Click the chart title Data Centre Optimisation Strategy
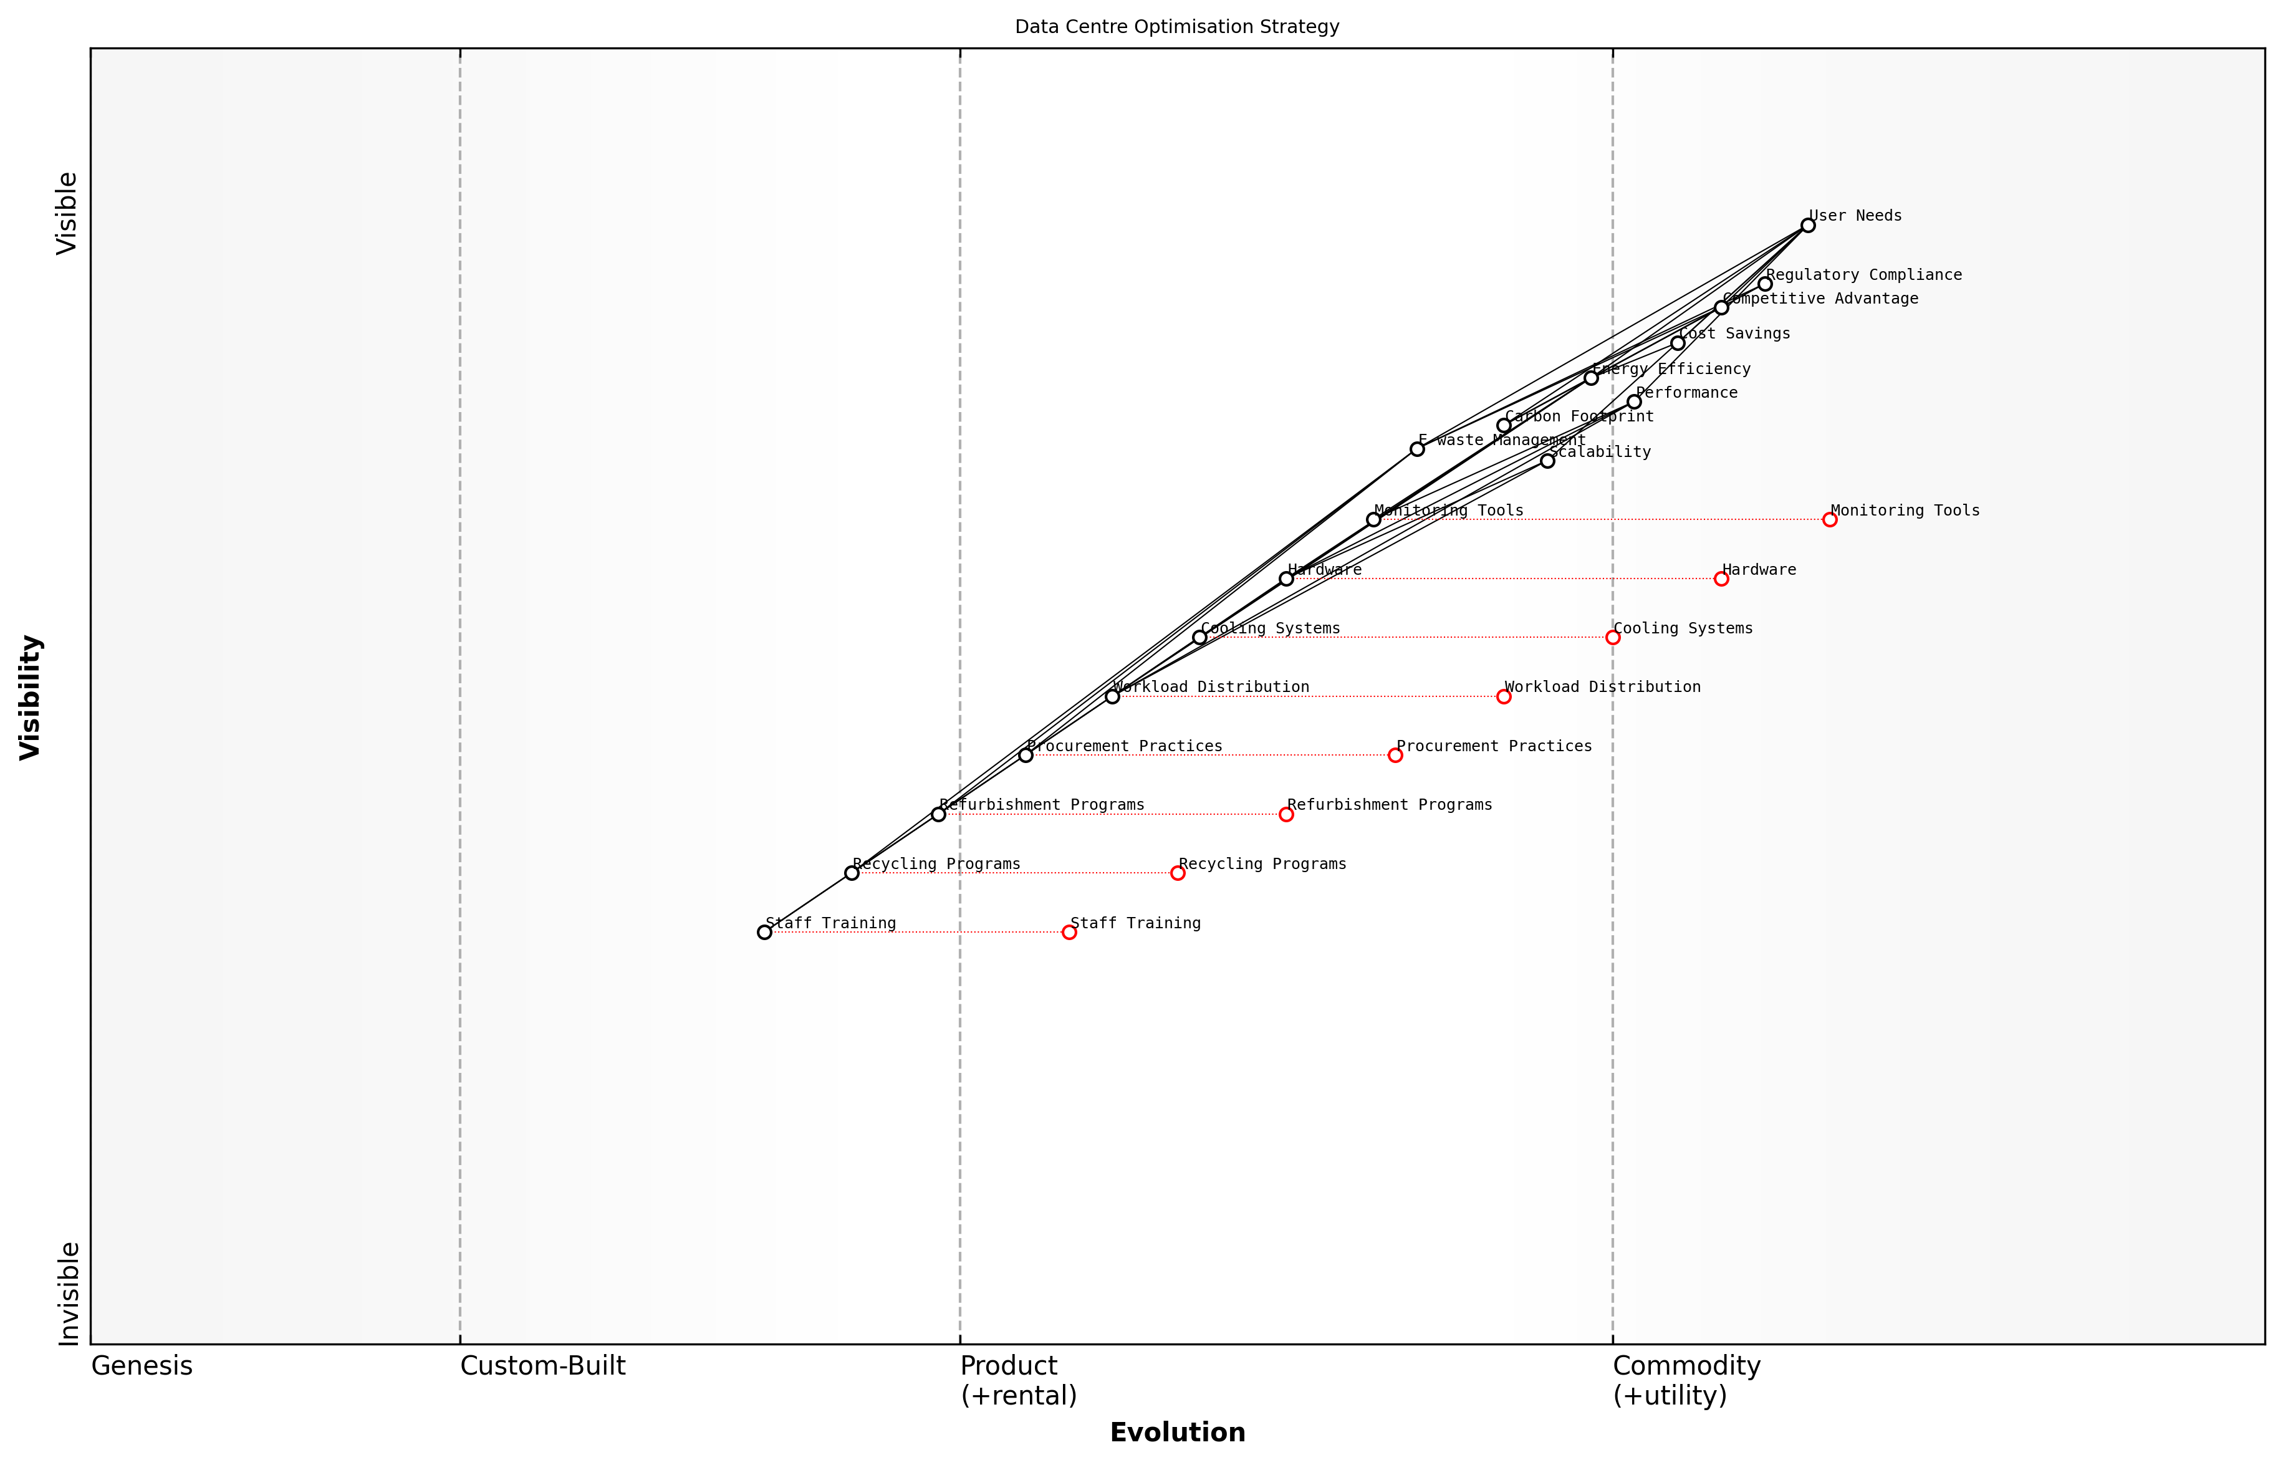(x=1176, y=27)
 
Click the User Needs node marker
(x=1807, y=226)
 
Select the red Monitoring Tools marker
(x=1829, y=519)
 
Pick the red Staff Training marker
(x=1069, y=932)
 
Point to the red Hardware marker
(x=1721, y=579)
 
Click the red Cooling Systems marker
(x=1612, y=637)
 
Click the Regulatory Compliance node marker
(x=1764, y=284)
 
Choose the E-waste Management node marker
(x=1417, y=449)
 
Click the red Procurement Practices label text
(x=1494, y=746)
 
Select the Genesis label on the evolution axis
(x=142, y=1366)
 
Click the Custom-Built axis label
(x=542, y=1366)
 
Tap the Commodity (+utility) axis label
(x=1686, y=1380)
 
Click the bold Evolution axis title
(x=1176, y=1433)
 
